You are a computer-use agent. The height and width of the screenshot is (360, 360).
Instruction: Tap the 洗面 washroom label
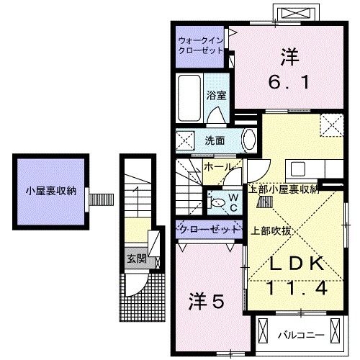pos(215,140)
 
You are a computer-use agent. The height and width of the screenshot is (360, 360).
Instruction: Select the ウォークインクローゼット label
pos(201,45)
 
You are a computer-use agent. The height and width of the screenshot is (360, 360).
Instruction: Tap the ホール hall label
pos(217,167)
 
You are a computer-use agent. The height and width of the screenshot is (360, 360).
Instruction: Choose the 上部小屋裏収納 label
pos(284,190)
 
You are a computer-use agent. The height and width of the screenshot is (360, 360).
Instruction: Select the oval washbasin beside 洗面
pos(247,138)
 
